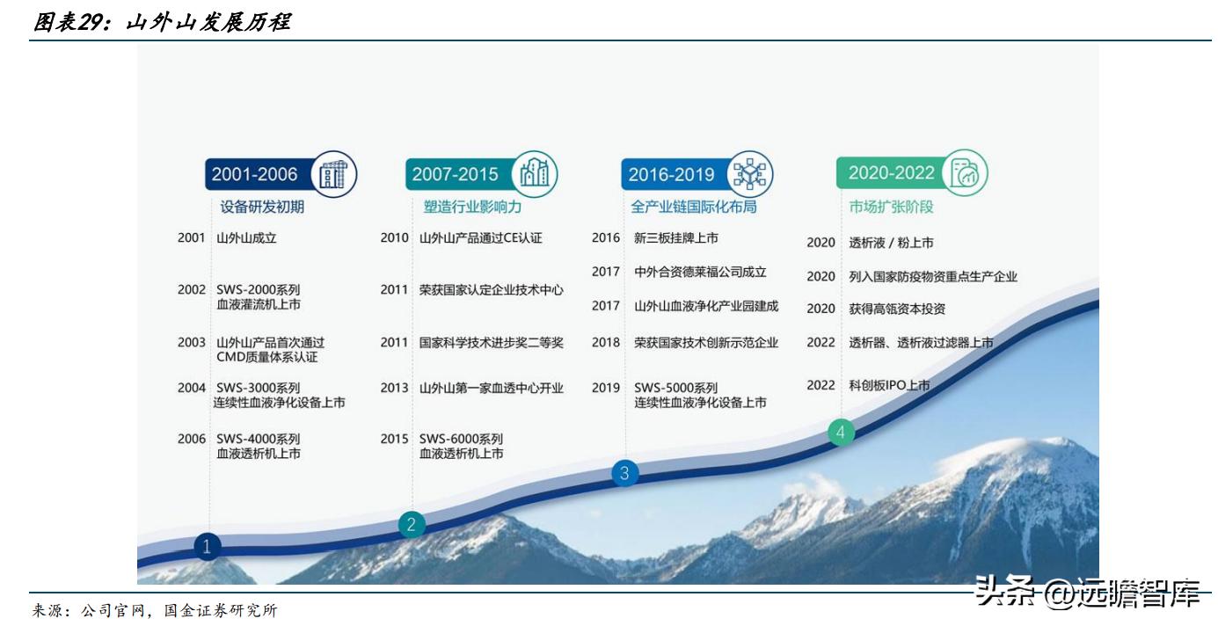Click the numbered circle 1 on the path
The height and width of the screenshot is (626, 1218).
click(207, 547)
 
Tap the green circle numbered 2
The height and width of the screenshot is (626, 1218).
click(411, 525)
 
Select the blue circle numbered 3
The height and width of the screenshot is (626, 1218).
click(624, 473)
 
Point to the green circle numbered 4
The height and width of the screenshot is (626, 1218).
click(842, 432)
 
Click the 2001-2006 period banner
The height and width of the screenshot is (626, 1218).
click(255, 174)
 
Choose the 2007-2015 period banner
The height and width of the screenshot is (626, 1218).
click(455, 174)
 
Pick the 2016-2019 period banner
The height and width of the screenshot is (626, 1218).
click(671, 174)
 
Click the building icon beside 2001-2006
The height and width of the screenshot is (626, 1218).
click(333, 174)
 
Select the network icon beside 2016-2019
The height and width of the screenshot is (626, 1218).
click(750, 173)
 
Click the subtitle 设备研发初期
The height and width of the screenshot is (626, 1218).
click(262, 207)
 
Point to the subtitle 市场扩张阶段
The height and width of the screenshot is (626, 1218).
click(891, 207)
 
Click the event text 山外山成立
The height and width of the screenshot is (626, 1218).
click(246, 237)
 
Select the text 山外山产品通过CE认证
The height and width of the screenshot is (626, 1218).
click(480, 237)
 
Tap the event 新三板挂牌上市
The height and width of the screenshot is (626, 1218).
click(675, 237)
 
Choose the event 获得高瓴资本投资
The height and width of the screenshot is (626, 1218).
click(897, 309)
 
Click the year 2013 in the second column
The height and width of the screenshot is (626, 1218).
click(394, 388)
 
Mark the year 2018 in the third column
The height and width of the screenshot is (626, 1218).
click(606, 343)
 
